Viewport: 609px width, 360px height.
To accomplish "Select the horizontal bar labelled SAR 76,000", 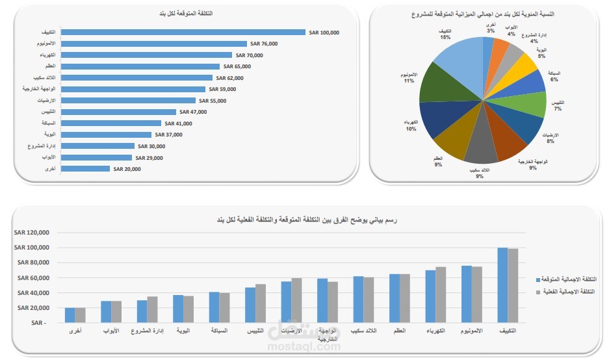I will (156, 44).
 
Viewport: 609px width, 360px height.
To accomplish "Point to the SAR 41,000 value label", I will (179, 123).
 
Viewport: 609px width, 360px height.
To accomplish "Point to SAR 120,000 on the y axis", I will (32, 233).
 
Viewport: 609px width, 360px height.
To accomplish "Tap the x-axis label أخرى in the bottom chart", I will (75, 331).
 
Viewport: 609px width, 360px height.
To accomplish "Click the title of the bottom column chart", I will (306, 220).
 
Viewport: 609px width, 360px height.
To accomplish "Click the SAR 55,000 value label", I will (213, 101).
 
